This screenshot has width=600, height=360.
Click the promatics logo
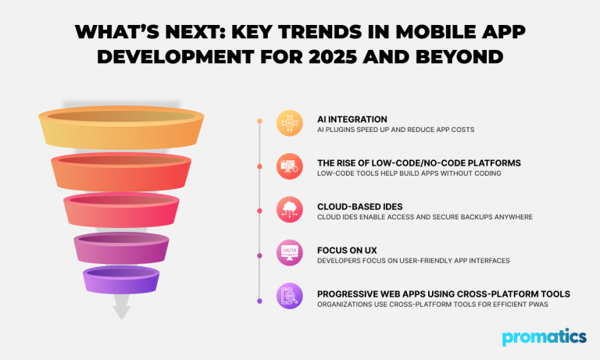[545, 337]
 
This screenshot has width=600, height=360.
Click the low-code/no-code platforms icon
[288, 166]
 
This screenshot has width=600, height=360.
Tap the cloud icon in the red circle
[288, 209]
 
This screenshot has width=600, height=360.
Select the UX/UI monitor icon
[288, 253]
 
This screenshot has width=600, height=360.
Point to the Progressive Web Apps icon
[288, 297]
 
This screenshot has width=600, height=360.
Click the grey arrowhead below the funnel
[121, 312]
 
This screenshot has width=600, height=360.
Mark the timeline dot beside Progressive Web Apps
[259, 301]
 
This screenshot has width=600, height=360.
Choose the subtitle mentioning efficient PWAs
[432, 304]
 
